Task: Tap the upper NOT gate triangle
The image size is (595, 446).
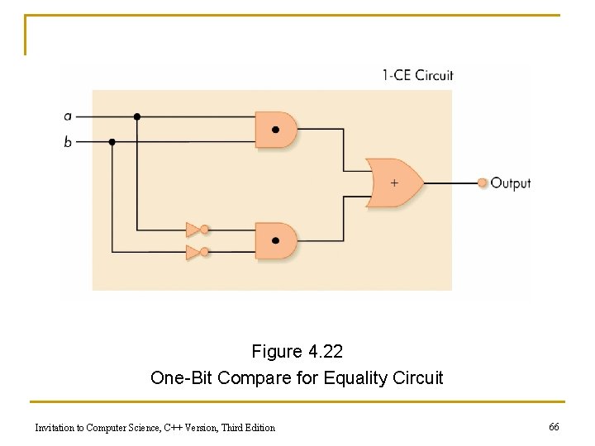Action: (x=193, y=230)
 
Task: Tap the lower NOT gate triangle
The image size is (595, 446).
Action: (x=193, y=252)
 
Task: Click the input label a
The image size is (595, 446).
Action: (x=68, y=116)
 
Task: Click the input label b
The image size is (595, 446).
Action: (x=68, y=142)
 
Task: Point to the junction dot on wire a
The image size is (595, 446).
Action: (x=137, y=116)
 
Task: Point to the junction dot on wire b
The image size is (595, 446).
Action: (x=112, y=142)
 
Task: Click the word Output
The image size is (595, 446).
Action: (x=511, y=183)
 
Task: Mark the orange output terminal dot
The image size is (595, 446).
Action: (x=483, y=183)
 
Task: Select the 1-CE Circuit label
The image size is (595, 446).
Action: (x=417, y=75)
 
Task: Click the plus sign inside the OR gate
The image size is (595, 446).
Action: (x=394, y=183)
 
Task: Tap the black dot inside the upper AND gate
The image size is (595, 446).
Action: (x=275, y=130)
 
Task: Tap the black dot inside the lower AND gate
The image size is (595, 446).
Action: (x=275, y=241)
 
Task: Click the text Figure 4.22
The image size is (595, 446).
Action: (x=297, y=352)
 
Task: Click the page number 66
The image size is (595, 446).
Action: (x=554, y=426)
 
